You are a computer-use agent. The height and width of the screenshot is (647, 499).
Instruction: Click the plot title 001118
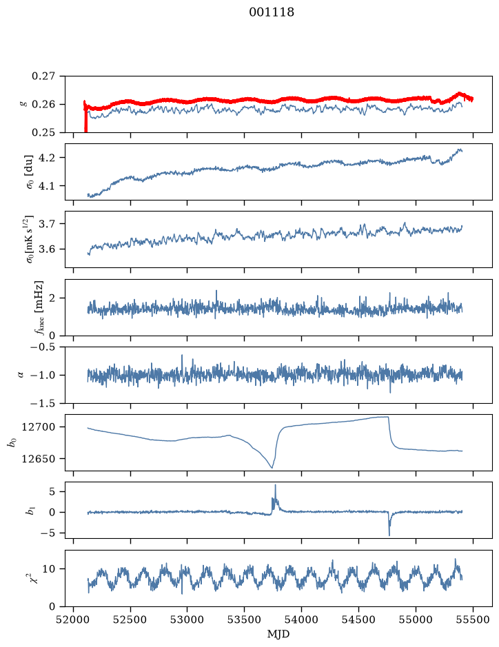click(272, 12)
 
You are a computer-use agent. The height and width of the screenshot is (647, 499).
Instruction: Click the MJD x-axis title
click(278, 634)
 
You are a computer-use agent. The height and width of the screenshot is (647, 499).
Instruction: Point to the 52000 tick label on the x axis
click(74, 619)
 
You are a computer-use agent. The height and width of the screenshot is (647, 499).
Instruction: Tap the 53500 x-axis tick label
click(245, 619)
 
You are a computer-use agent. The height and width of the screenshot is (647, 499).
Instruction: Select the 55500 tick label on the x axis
click(473, 619)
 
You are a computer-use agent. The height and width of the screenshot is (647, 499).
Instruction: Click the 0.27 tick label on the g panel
click(43, 76)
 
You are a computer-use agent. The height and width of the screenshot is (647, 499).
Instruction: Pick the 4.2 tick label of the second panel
click(47, 158)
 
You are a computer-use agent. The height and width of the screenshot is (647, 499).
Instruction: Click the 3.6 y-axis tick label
click(47, 249)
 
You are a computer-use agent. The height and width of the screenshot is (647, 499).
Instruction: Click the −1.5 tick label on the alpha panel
click(43, 403)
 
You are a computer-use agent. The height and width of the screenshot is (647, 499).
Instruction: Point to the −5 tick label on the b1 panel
click(48, 533)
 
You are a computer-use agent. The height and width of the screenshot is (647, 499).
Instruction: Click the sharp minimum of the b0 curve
click(272, 468)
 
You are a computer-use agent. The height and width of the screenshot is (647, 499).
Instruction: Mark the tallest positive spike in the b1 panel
click(275, 485)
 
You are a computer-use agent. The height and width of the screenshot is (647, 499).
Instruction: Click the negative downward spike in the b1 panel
click(389, 535)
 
